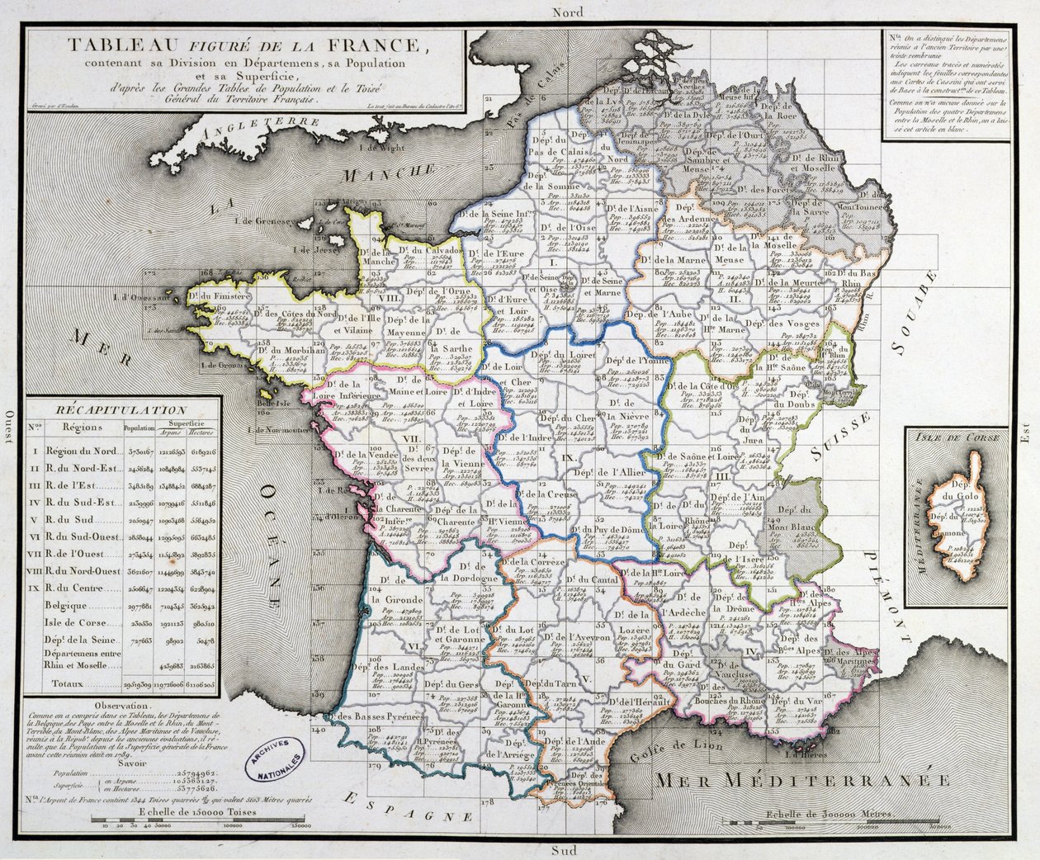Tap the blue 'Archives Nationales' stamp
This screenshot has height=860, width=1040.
[x=275, y=758]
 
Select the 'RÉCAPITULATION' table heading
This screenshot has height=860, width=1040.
[x=122, y=409]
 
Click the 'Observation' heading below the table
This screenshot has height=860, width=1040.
[x=122, y=706]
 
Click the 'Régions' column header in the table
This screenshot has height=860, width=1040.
[x=83, y=428]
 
